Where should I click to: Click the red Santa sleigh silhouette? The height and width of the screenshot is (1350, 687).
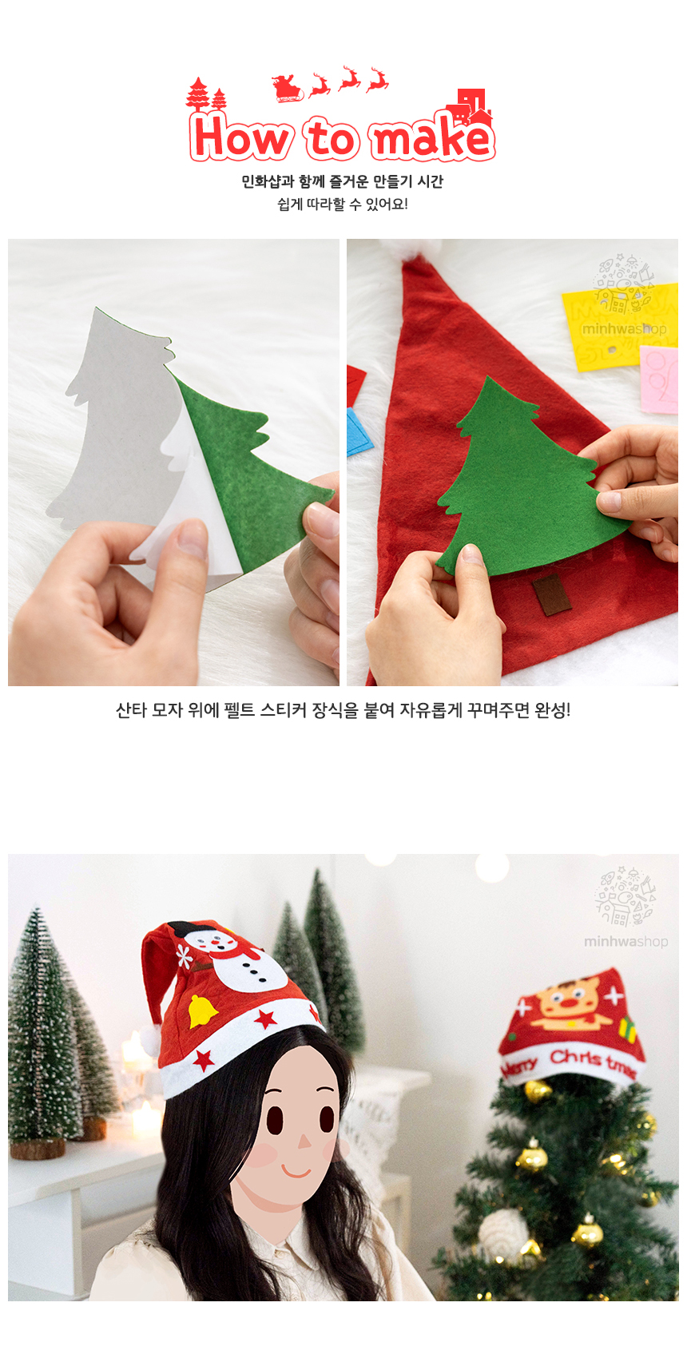pos(287,88)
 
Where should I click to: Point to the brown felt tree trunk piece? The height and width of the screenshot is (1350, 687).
pos(552,594)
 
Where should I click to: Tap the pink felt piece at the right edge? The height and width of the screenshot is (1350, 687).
pos(659,379)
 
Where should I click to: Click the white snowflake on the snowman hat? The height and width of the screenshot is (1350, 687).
pos(183,955)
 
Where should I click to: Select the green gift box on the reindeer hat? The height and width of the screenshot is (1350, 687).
pos(627,1030)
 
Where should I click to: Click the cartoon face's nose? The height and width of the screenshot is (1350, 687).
pos(304,1140)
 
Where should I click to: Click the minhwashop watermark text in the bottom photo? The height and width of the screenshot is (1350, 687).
pos(625,941)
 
